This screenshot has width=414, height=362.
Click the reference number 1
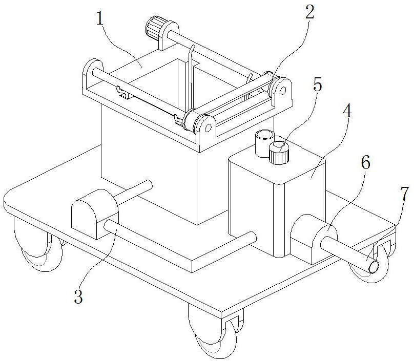(99, 18)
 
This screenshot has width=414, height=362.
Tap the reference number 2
(309, 12)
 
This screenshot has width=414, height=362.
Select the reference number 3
(78, 296)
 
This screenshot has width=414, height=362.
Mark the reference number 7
(404, 194)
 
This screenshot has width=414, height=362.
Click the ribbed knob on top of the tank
(279, 153)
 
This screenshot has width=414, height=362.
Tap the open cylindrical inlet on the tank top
(264, 143)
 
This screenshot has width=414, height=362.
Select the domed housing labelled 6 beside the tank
(314, 239)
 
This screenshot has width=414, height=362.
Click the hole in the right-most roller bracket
(282, 91)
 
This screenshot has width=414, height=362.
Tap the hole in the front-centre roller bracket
(208, 128)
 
